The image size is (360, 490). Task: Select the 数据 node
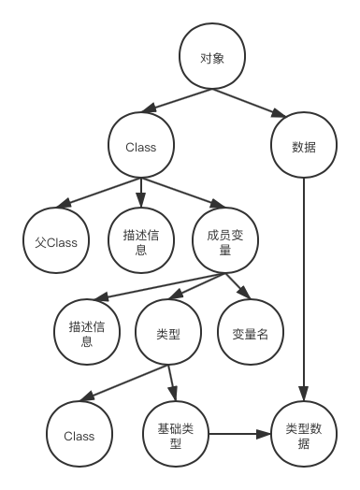click(304, 146)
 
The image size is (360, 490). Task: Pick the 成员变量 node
click(224, 242)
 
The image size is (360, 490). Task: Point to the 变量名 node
click(250, 332)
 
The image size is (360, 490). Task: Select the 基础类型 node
click(176, 435)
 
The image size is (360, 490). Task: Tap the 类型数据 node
click(304, 435)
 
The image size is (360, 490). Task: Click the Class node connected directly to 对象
click(141, 146)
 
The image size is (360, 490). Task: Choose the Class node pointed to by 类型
click(79, 435)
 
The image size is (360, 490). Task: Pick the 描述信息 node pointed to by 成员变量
click(87, 332)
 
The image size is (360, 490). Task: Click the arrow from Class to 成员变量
click(184, 195)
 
